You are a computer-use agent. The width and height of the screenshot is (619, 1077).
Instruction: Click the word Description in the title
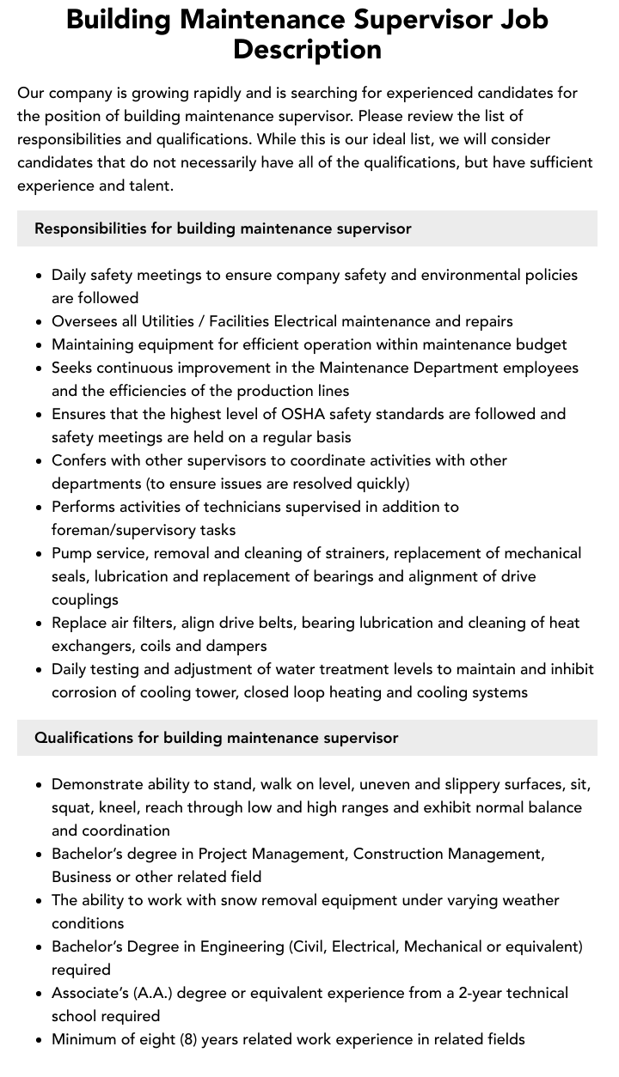[307, 49]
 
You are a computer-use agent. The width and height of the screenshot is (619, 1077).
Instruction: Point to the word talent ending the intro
[149, 186]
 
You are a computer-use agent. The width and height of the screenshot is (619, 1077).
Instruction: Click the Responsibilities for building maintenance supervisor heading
[223, 228]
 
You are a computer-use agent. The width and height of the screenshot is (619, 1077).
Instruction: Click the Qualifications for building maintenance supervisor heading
[216, 738]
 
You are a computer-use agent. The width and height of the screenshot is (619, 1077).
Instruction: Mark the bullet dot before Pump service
[39, 554]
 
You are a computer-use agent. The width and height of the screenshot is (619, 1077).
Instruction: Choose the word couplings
[85, 599]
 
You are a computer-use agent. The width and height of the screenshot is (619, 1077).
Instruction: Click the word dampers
[237, 646]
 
